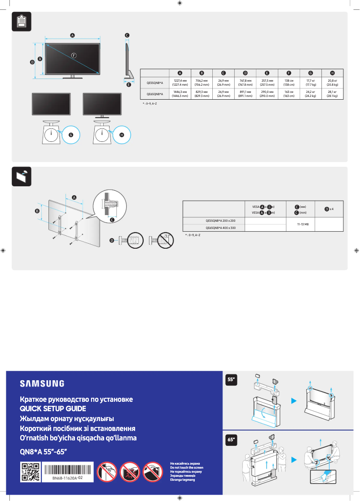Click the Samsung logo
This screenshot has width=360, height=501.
(42, 383)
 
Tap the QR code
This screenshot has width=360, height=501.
(31, 472)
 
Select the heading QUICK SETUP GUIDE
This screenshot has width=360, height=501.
(53, 409)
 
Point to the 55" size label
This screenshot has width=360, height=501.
(231, 379)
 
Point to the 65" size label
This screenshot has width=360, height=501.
(231, 440)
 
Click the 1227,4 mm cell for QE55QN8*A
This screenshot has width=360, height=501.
(180, 83)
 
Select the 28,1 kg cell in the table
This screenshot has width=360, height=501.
(332, 94)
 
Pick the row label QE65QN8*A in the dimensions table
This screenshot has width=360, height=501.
(155, 94)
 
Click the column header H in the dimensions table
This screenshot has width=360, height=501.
(332, 73)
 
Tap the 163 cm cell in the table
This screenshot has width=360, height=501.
(289, 94)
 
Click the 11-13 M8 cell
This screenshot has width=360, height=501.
(300, 224)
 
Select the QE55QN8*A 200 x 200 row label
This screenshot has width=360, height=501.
(220, 220)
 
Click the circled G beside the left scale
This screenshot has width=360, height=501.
(70, 134)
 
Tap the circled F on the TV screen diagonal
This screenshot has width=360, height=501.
(74, 55)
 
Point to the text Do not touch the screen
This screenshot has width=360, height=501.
(186, 467)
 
